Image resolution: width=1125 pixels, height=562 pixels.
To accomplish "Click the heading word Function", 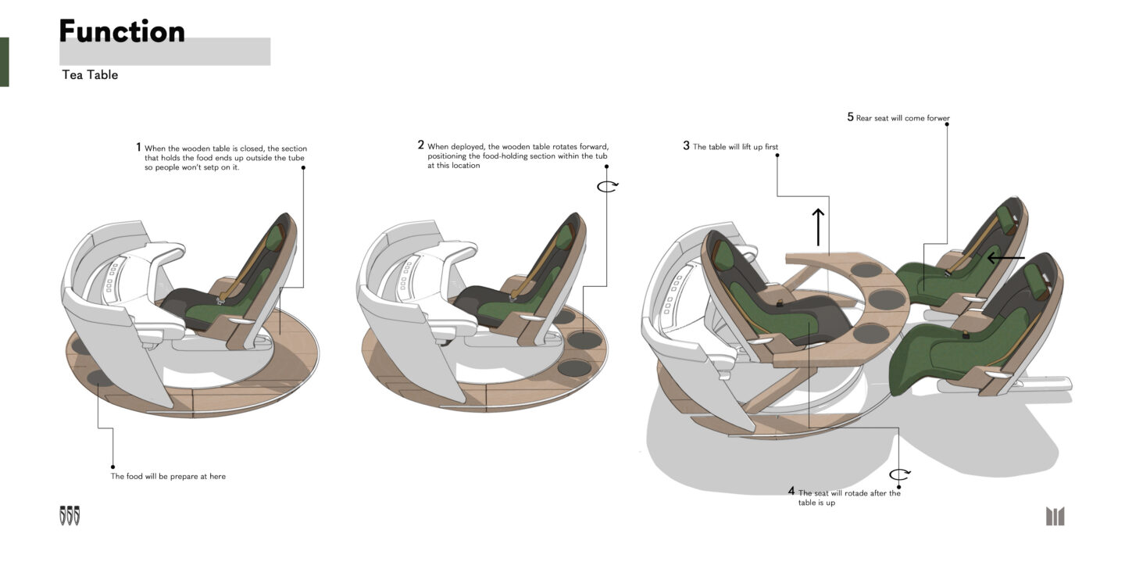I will (122, 31).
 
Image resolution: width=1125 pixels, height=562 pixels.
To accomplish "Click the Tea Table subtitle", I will (90, 75).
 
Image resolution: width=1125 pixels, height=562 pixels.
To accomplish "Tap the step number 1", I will (138, 147).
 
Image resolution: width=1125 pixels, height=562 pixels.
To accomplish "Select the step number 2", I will (421, 145).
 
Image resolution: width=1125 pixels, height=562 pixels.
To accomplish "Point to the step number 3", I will (686, 145).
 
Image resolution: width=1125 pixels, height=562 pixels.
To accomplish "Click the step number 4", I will (791, 492).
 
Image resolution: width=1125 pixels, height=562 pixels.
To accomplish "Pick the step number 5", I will (851, 117).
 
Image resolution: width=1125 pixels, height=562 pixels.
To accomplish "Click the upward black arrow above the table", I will (818, 227).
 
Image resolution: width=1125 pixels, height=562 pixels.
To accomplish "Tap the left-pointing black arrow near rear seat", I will (1005, 257).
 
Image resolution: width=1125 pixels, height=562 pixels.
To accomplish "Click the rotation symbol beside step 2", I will (607, 186).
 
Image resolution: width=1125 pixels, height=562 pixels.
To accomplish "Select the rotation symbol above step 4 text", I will (900, 474).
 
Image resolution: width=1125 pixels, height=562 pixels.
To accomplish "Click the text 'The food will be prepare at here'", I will (168, 476).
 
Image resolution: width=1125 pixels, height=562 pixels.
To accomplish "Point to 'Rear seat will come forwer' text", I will (903, 119).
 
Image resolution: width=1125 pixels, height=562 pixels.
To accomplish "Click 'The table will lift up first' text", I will (735, 147).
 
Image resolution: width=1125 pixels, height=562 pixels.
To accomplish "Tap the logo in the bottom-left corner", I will (70, 515).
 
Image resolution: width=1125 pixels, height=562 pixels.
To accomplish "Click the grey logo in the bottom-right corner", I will (1055, 516).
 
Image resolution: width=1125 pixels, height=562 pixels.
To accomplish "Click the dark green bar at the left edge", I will (4, 62).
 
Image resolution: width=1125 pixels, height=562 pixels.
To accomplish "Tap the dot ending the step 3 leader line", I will (777, 156).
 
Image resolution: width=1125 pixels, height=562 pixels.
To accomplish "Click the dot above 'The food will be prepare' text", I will (113, 467).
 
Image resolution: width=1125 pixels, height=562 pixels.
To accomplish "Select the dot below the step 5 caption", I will (948, 124).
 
